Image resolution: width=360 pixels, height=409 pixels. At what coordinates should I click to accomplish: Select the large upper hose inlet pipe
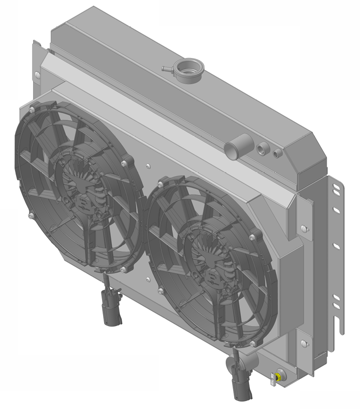click(236, 145)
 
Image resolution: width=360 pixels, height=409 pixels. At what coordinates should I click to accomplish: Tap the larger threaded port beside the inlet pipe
click(261, 150)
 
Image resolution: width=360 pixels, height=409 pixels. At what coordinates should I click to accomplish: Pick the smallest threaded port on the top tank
click(278, 153)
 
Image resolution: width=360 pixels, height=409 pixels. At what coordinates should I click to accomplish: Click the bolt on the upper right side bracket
click(303, 228)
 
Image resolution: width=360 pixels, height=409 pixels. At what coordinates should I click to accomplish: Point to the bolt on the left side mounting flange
click(37, 75)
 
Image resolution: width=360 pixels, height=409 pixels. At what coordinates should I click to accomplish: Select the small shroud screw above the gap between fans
click(148, 167)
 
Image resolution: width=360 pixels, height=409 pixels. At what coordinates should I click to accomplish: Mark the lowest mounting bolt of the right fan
click(253, 343)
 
